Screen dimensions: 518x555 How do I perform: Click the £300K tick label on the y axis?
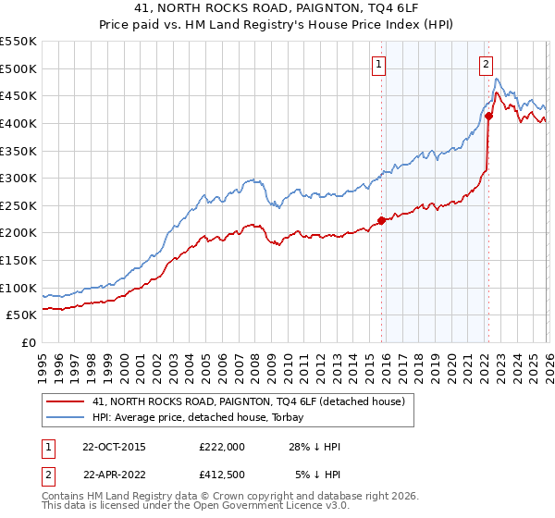pyautogui.click(x=18, y=178)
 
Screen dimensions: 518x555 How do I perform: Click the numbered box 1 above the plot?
pyautogui.click(x=380, y=64)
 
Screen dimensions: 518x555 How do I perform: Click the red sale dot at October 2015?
pyautogui.click(x=381, y=221)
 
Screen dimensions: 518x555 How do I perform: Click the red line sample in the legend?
pyautogui.click(x=67, y=401)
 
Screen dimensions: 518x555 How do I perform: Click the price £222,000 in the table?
pyautogui.click(x=222, y=446)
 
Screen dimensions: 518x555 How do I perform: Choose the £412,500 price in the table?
pyautogui.click(x=222, y=474)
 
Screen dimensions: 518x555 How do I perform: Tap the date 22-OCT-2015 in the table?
pyautogui.click(x=114, y=446)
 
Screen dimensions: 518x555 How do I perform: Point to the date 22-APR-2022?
pyautogui.click(x=114, y=474)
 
